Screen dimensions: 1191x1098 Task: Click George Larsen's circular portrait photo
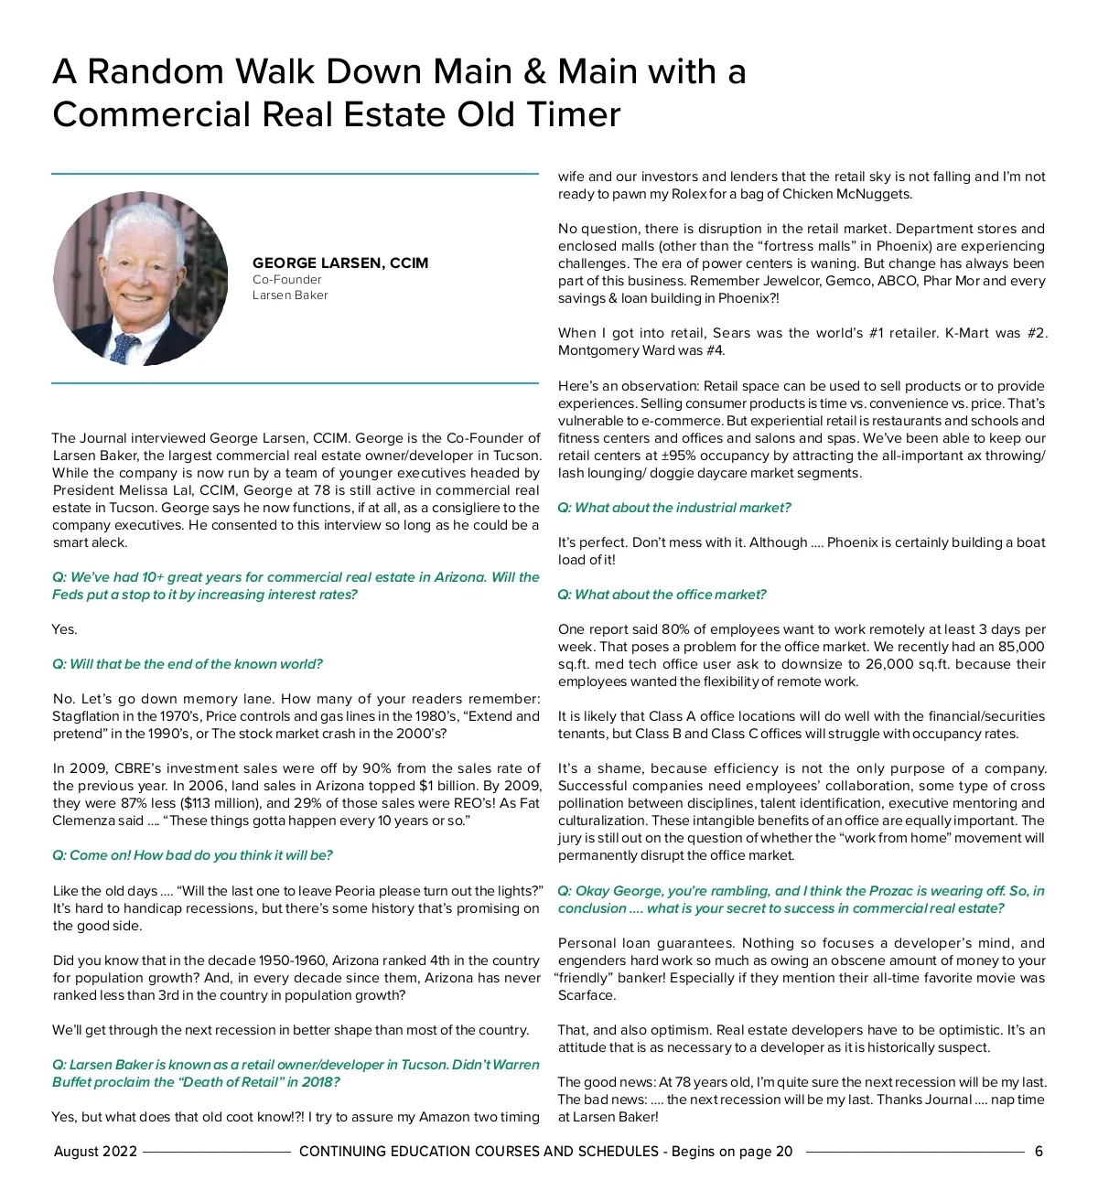coord(141,279)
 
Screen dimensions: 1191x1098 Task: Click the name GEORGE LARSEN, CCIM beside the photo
coord(339,263)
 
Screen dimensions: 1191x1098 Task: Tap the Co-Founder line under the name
coord(286,280)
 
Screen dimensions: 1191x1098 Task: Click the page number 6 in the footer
coord(1039,1152)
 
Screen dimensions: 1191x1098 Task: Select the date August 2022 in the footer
coord(95,1152)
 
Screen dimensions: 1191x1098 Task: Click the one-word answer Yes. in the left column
coord(65,629)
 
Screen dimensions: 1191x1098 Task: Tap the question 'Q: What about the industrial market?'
coord(673,508)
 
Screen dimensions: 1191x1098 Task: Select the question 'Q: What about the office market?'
coord(662,595)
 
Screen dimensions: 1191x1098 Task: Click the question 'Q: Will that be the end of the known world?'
coord(188,664)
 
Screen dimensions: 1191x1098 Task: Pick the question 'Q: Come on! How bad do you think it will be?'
coord(192,855)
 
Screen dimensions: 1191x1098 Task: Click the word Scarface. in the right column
coord(587,995)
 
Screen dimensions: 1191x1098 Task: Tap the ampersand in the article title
coord(535,71)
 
